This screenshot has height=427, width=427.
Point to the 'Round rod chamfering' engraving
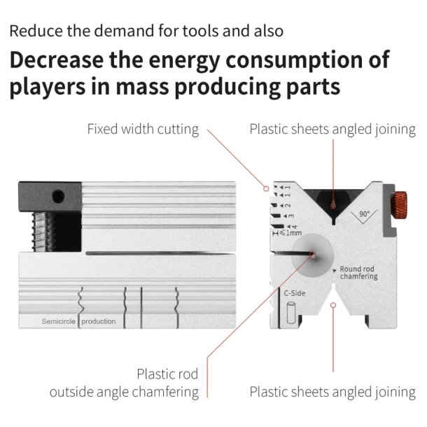(x=358, y=272)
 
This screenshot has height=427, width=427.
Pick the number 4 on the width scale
(x=294, y=225)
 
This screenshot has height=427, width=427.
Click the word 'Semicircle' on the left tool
(x=57, y=321)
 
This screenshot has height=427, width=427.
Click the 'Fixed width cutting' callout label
(x=143, y=129)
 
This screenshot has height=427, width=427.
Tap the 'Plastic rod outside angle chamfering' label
(x=124, y=382)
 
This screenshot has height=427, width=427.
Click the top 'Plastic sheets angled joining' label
(x=332, y=129)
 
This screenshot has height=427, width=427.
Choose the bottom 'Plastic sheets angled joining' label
(x=332, y=391)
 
